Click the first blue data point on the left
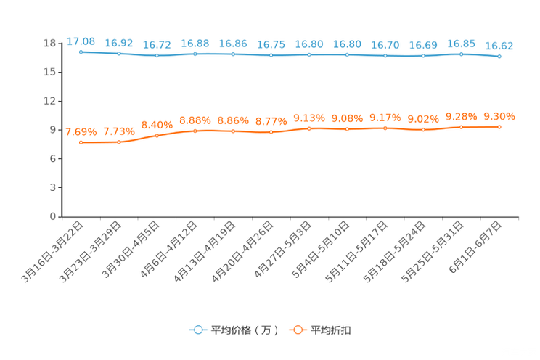(81, 52)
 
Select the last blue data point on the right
(499, 56)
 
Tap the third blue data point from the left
(157, 55)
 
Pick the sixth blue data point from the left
(271, 55)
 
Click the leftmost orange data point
(81, 142)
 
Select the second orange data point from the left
(119, 142)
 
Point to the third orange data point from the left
(157, 135)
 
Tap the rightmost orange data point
(499, 127)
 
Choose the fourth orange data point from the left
(195, 131)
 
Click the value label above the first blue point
(81, 41)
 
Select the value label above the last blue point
(499, 46)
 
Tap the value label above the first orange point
(81, 131)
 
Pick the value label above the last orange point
(499, 116)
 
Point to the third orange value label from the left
(157, 125)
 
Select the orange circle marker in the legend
(298, 330)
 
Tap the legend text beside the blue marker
(244, 330)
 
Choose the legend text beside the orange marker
(332, 330)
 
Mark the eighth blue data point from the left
(347, 54)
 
